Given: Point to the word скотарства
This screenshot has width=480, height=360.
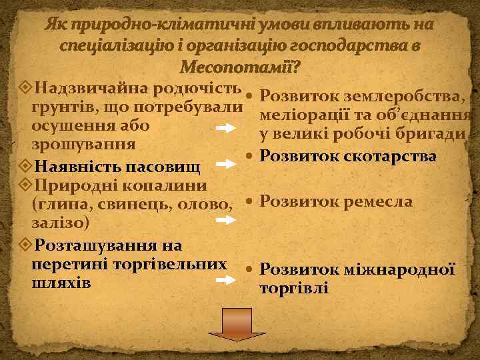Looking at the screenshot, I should pos(387,156).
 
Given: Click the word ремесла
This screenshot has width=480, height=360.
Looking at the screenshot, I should pos(377,201).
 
